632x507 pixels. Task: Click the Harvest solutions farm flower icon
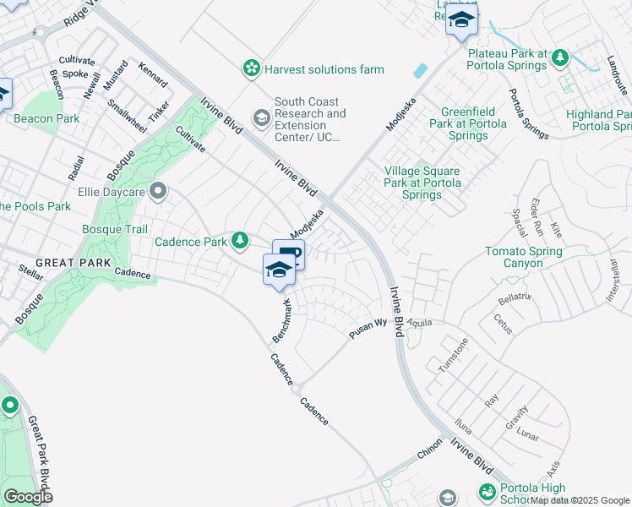[251, 69]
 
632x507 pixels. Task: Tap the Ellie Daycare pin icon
[157, 191]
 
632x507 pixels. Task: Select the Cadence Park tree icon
[241, 242]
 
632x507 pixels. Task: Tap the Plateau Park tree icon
[559, 57]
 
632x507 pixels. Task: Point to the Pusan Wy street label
[368, 328]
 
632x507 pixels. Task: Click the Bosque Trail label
[115, 229]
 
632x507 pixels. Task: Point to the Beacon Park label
[46, 119]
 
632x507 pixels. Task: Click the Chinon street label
[430, 455]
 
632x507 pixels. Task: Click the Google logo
[28, 497]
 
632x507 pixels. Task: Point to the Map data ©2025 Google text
[580, 500]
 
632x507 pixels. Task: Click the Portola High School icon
[487, 491]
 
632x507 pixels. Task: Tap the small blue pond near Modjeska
[421, 71]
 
